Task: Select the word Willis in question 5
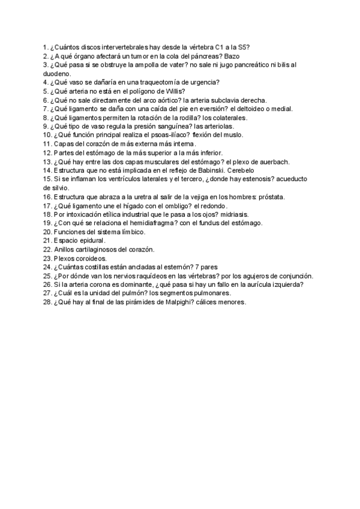point(179,91)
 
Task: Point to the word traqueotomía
point(158,82)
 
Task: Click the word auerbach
point(274,162)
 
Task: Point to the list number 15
point(47,179)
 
